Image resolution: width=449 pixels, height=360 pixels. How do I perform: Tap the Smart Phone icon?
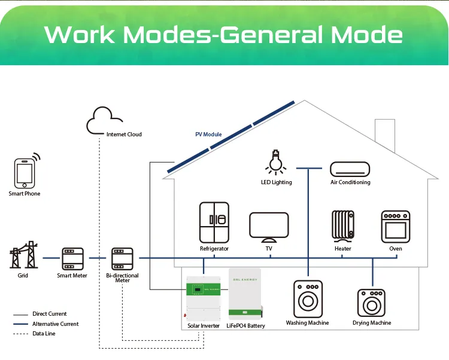(25, 173)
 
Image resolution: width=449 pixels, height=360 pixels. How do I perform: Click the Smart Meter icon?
(72, 258)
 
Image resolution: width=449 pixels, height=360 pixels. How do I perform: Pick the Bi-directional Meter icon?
(122, 258)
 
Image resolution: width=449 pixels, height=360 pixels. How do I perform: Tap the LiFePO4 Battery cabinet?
(245, 294)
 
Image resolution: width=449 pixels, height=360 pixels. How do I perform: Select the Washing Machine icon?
(307, 298)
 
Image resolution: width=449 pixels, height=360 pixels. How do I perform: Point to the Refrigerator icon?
(214, 222)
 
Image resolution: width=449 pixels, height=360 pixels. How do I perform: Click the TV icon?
(269, 226)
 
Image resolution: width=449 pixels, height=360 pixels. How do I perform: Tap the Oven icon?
(395, 226)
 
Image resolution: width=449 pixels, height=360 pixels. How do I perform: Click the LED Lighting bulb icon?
(276, 161)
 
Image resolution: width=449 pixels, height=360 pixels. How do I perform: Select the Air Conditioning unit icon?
(351, 169)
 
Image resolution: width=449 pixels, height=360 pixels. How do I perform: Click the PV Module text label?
(208, 135)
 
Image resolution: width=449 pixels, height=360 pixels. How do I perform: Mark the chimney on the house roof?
(384, 132)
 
